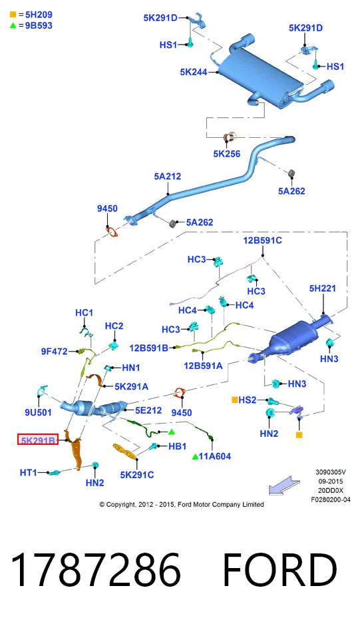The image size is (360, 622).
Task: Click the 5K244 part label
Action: click(x=194, y=72)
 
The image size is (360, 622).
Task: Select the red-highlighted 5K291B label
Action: click(x=38, y=440)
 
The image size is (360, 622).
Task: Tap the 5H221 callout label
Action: click(x=323, y=288)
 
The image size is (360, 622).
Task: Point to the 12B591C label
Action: click(x=262, y=240)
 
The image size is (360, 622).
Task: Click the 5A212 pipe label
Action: click(x=167, y=176)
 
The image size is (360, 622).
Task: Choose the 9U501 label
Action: click(x=38, y=412)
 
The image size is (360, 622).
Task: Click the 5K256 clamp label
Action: click(x=227, y=154)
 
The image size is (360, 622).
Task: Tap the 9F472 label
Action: click(x=55, y=352)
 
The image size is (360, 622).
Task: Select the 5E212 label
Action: click(x=148, y=410)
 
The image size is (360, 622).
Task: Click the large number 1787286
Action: click(x=96, y=569)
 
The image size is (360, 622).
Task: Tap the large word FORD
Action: click(x=280, y=569)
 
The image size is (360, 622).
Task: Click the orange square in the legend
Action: click(x=13, y=15)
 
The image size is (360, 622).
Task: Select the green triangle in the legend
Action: click(x=13, y=25)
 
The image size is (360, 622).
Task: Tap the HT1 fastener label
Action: click(x=28, y=472)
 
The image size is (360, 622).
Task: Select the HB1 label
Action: click(x=177, y=446)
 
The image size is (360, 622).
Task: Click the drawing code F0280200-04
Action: click(x=331, y=500)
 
